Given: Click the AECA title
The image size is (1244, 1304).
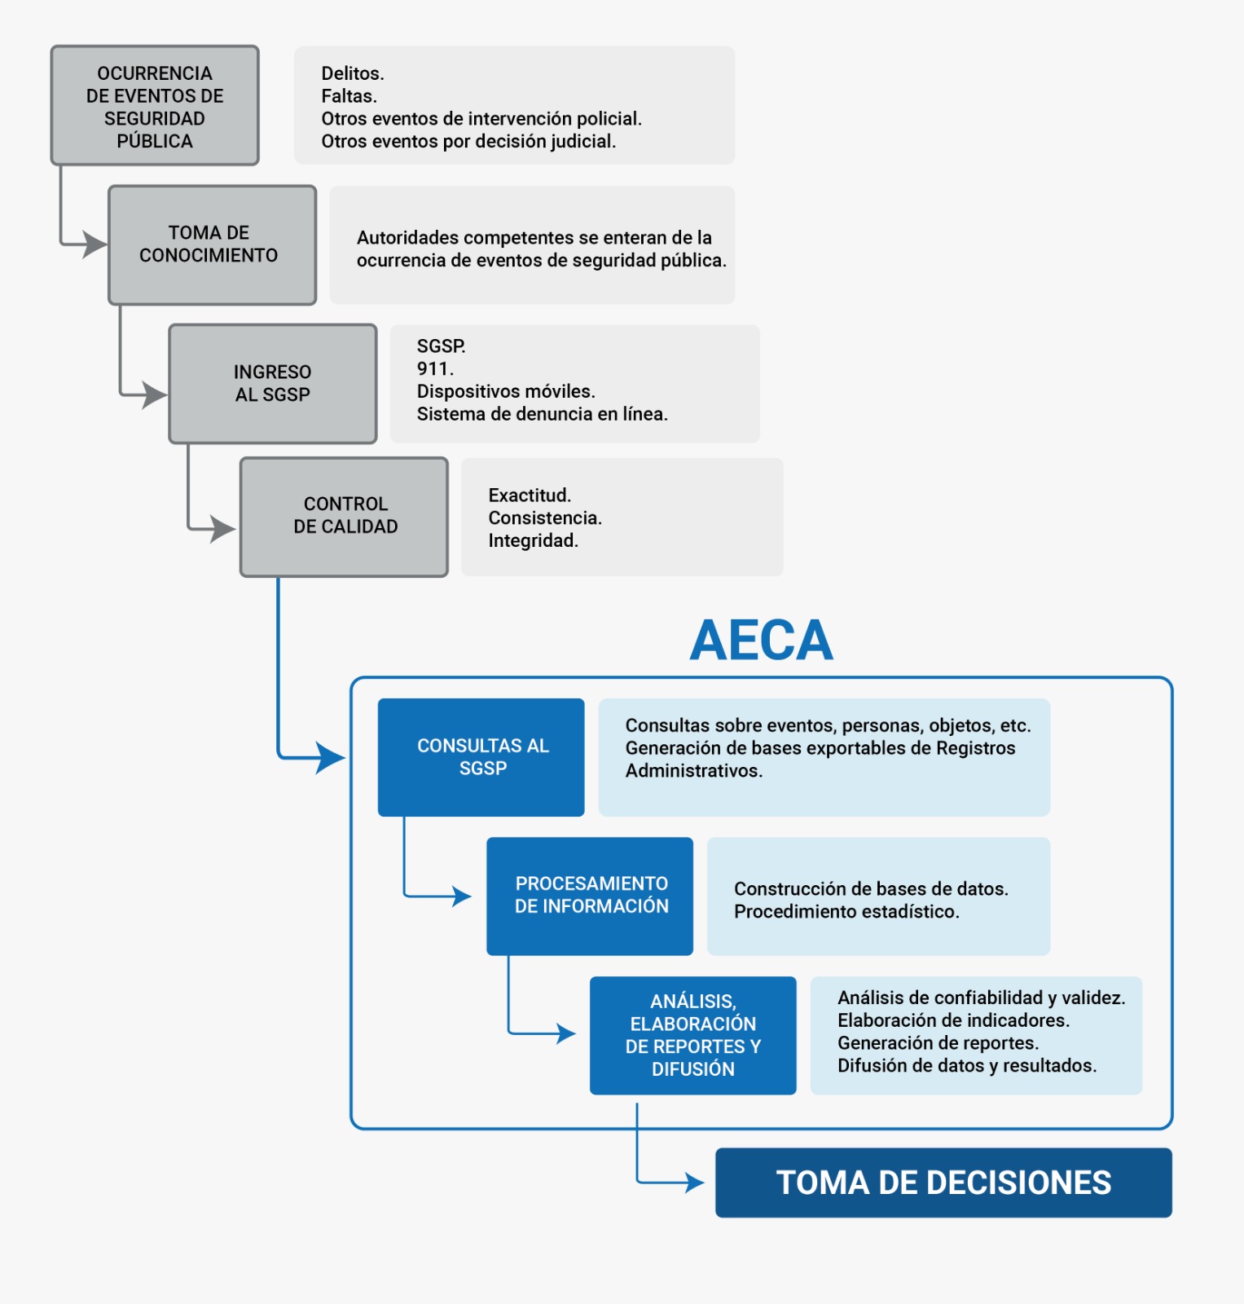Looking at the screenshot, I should pos(761,641).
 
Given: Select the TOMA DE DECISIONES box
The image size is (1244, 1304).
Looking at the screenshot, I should pos(943,1183).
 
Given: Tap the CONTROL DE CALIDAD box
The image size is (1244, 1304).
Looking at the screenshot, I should pos(344,517).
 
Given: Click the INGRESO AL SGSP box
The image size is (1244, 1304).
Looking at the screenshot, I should pos(272,384).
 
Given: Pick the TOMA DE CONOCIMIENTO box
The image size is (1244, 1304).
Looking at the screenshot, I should pos(212,244).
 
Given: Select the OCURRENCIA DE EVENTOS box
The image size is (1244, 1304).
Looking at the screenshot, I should pos(155,106).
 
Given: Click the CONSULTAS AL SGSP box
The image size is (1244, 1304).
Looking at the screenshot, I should pos(481,757).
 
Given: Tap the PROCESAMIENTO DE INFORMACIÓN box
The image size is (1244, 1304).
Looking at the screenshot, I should pos(590,896).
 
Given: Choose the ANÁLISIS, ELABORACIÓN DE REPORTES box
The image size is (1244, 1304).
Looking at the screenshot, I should pos(692,1035).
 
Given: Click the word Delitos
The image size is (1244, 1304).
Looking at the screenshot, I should pos(352,73).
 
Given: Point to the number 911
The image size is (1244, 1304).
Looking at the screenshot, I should pos(434,368).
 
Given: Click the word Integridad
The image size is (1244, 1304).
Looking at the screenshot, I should pos(533,540).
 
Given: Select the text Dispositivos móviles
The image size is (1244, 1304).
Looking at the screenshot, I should pos(505,391).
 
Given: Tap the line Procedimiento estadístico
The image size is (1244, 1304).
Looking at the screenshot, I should pos(846,911).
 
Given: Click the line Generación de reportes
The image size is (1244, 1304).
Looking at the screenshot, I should pos(938,1042).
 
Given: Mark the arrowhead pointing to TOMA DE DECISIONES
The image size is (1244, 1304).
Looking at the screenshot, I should pos(695,1182).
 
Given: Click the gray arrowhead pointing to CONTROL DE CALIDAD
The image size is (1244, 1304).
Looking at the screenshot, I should pos(222,529).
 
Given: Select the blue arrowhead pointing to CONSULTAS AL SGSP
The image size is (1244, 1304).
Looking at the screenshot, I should pos(331,758).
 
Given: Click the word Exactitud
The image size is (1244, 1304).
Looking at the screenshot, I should pos(530,495).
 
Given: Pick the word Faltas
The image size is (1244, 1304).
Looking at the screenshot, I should pos(349,96).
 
